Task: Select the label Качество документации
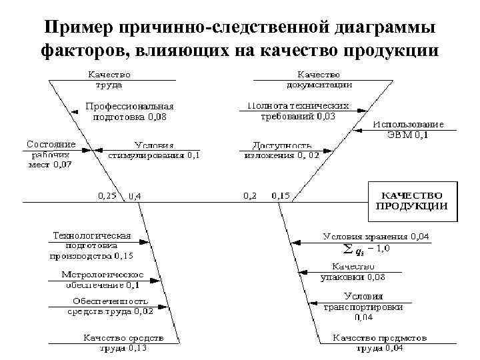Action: [x=319, y=80]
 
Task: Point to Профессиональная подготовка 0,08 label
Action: [x=129, y=111]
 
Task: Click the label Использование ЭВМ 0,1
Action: [x=408, y=129]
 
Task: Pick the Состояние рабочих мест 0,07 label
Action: [x=51, y=154]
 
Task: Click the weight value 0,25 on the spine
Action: [x=107, y=196]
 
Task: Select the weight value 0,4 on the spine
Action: [x=134, y=196]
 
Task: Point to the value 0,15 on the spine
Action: [x=281, y=196]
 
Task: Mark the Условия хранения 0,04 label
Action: [x=376, y=236]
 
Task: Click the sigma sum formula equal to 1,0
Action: [x=366, y=249]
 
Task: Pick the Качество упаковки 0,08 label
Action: [x=353, y=271]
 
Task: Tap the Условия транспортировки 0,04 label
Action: [x=363, y=307]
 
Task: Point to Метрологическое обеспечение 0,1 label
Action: [x=101, y=279]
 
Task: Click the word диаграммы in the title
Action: [x=377, y=28]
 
